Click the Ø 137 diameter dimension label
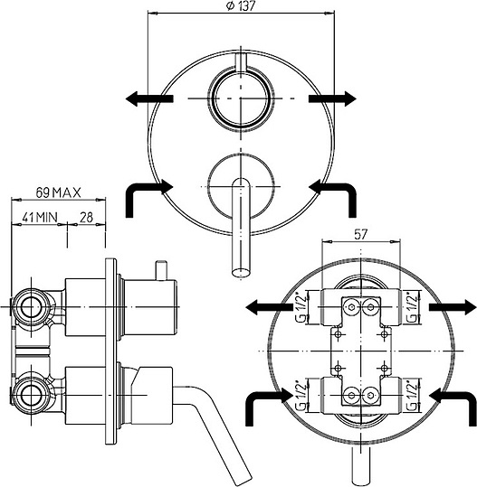point(241,6)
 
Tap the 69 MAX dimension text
point(58,192)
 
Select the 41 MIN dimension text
point(40,217)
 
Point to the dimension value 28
point(86,217)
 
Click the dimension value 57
point(361,235)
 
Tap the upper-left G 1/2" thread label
point(300,307)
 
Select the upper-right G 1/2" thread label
point(413,307)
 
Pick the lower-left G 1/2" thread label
point(300,396)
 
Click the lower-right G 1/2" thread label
point(413,396)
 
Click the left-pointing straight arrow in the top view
point(149,98)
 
